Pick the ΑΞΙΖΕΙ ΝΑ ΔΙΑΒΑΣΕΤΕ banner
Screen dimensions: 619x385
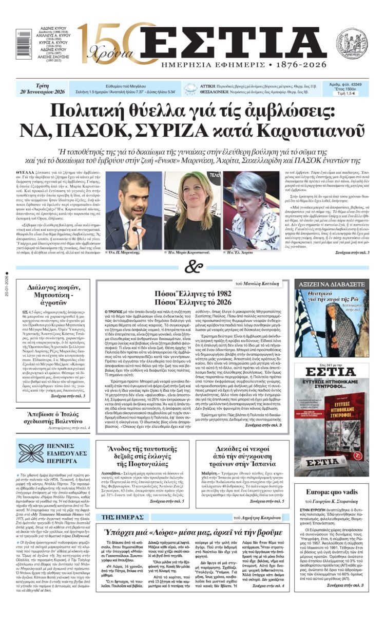pyautogui.click(x=331, y=284)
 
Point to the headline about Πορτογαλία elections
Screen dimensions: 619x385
pyautogui.click(x=140, y=457)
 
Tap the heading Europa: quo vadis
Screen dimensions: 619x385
pyautogui.click(x=331, y=491)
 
